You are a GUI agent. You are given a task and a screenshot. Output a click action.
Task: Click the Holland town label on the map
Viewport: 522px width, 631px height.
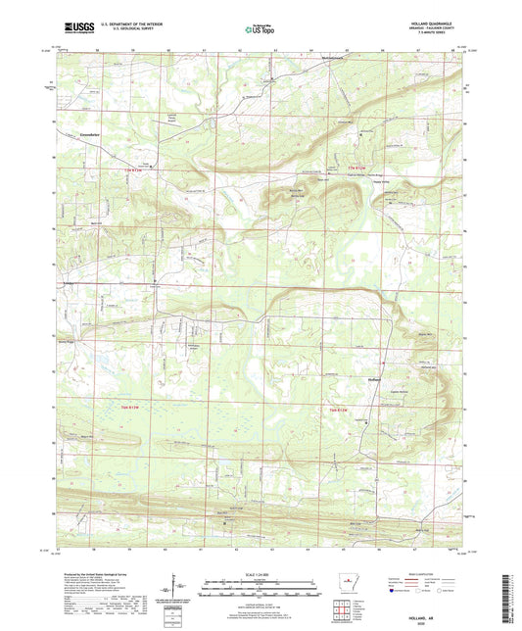click(374, 371)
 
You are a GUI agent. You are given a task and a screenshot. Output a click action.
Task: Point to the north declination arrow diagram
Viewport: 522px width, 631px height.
click(177, 589)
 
